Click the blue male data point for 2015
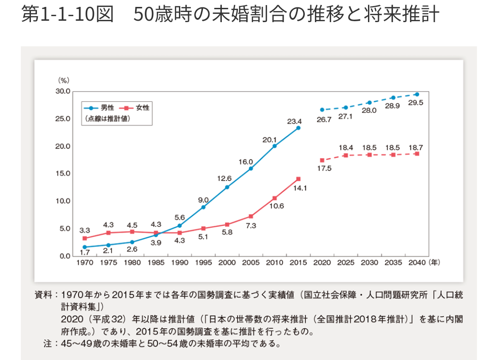298,128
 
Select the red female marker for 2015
298,179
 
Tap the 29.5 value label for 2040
415,103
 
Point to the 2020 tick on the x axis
322,262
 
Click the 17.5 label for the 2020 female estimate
322,169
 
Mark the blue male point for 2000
227,187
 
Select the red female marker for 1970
84,238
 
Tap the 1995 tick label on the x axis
203,262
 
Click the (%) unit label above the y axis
64,81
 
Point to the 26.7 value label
322,119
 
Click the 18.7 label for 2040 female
415,148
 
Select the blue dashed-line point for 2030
369,102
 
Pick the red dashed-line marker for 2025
346,155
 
